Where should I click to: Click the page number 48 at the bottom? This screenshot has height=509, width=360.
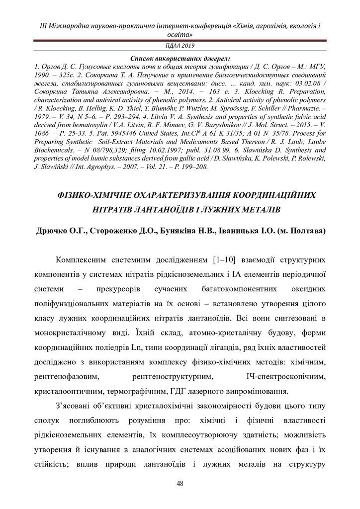pos(180,484)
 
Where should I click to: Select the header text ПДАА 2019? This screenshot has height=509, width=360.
pos(180,45)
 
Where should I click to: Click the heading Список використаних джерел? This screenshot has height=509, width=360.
pos(180,58)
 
